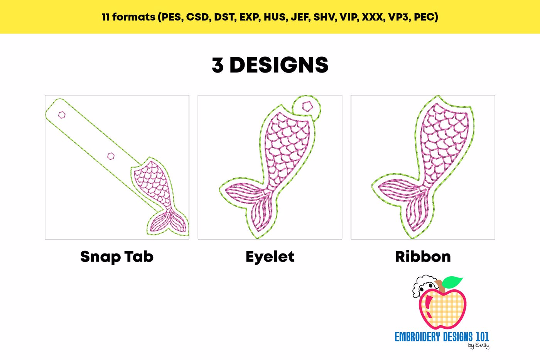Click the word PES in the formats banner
coord(171,17)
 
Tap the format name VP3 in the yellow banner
coord(398,17)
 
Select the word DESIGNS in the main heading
coord(279,65)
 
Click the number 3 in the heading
coord(218,65)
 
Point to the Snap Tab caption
coord(117,257)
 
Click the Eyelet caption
coord(270,257)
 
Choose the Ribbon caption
coord(423,257)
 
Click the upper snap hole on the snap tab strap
coord(62,115)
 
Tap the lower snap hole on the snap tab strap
coord(111,156)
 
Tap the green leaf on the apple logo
coord(453,282)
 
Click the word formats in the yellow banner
coord(134,17)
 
